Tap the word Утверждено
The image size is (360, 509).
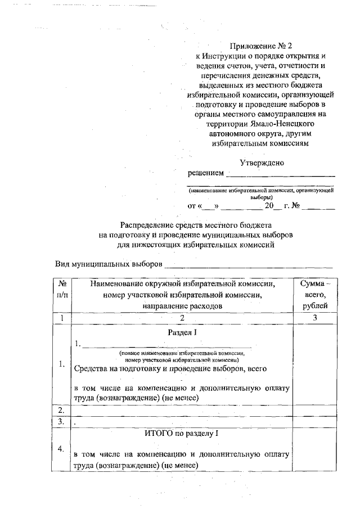coord(262,163)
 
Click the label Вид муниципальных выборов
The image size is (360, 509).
coord(109,263)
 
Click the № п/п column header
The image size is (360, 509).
coord(63,294)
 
